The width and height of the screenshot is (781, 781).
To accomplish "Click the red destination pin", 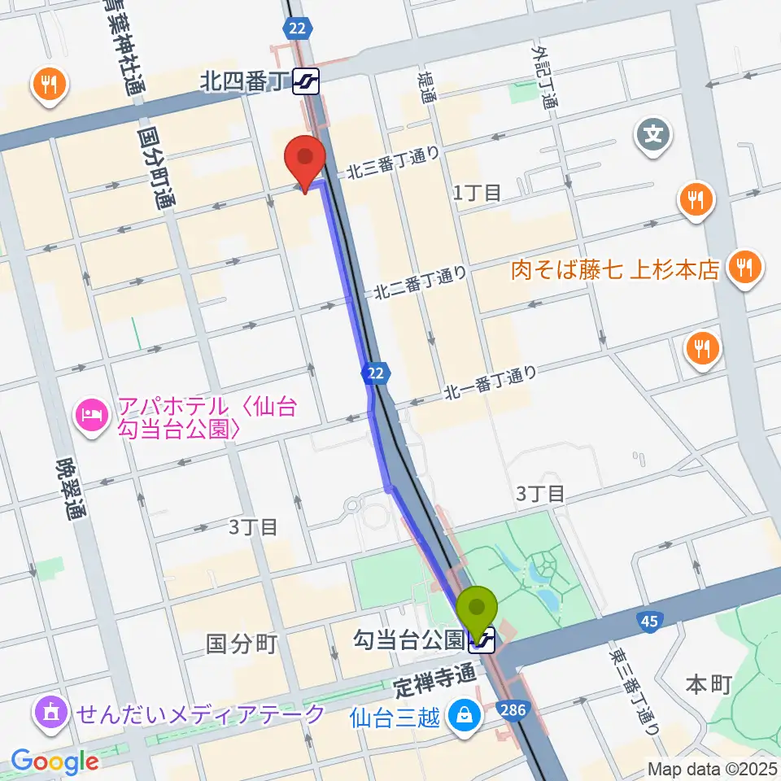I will pos(305,159).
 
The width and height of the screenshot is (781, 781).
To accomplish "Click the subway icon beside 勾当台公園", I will pos(482,641).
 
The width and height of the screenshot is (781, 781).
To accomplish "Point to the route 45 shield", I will pos(648,622).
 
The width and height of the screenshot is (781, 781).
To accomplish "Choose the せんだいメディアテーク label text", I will pos(200,714).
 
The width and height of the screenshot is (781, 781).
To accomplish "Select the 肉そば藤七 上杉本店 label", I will pos(615,269).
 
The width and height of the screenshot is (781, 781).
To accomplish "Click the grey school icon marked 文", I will pos(654,133).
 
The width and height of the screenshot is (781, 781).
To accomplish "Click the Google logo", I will pos(55,761).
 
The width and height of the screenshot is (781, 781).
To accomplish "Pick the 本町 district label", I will pos(708,684).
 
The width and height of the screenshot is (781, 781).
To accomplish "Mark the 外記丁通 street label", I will pos(545,78).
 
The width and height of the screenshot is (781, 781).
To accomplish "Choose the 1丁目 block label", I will pos(478,193).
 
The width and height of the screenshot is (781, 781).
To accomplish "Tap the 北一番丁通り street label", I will pos(491,383).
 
